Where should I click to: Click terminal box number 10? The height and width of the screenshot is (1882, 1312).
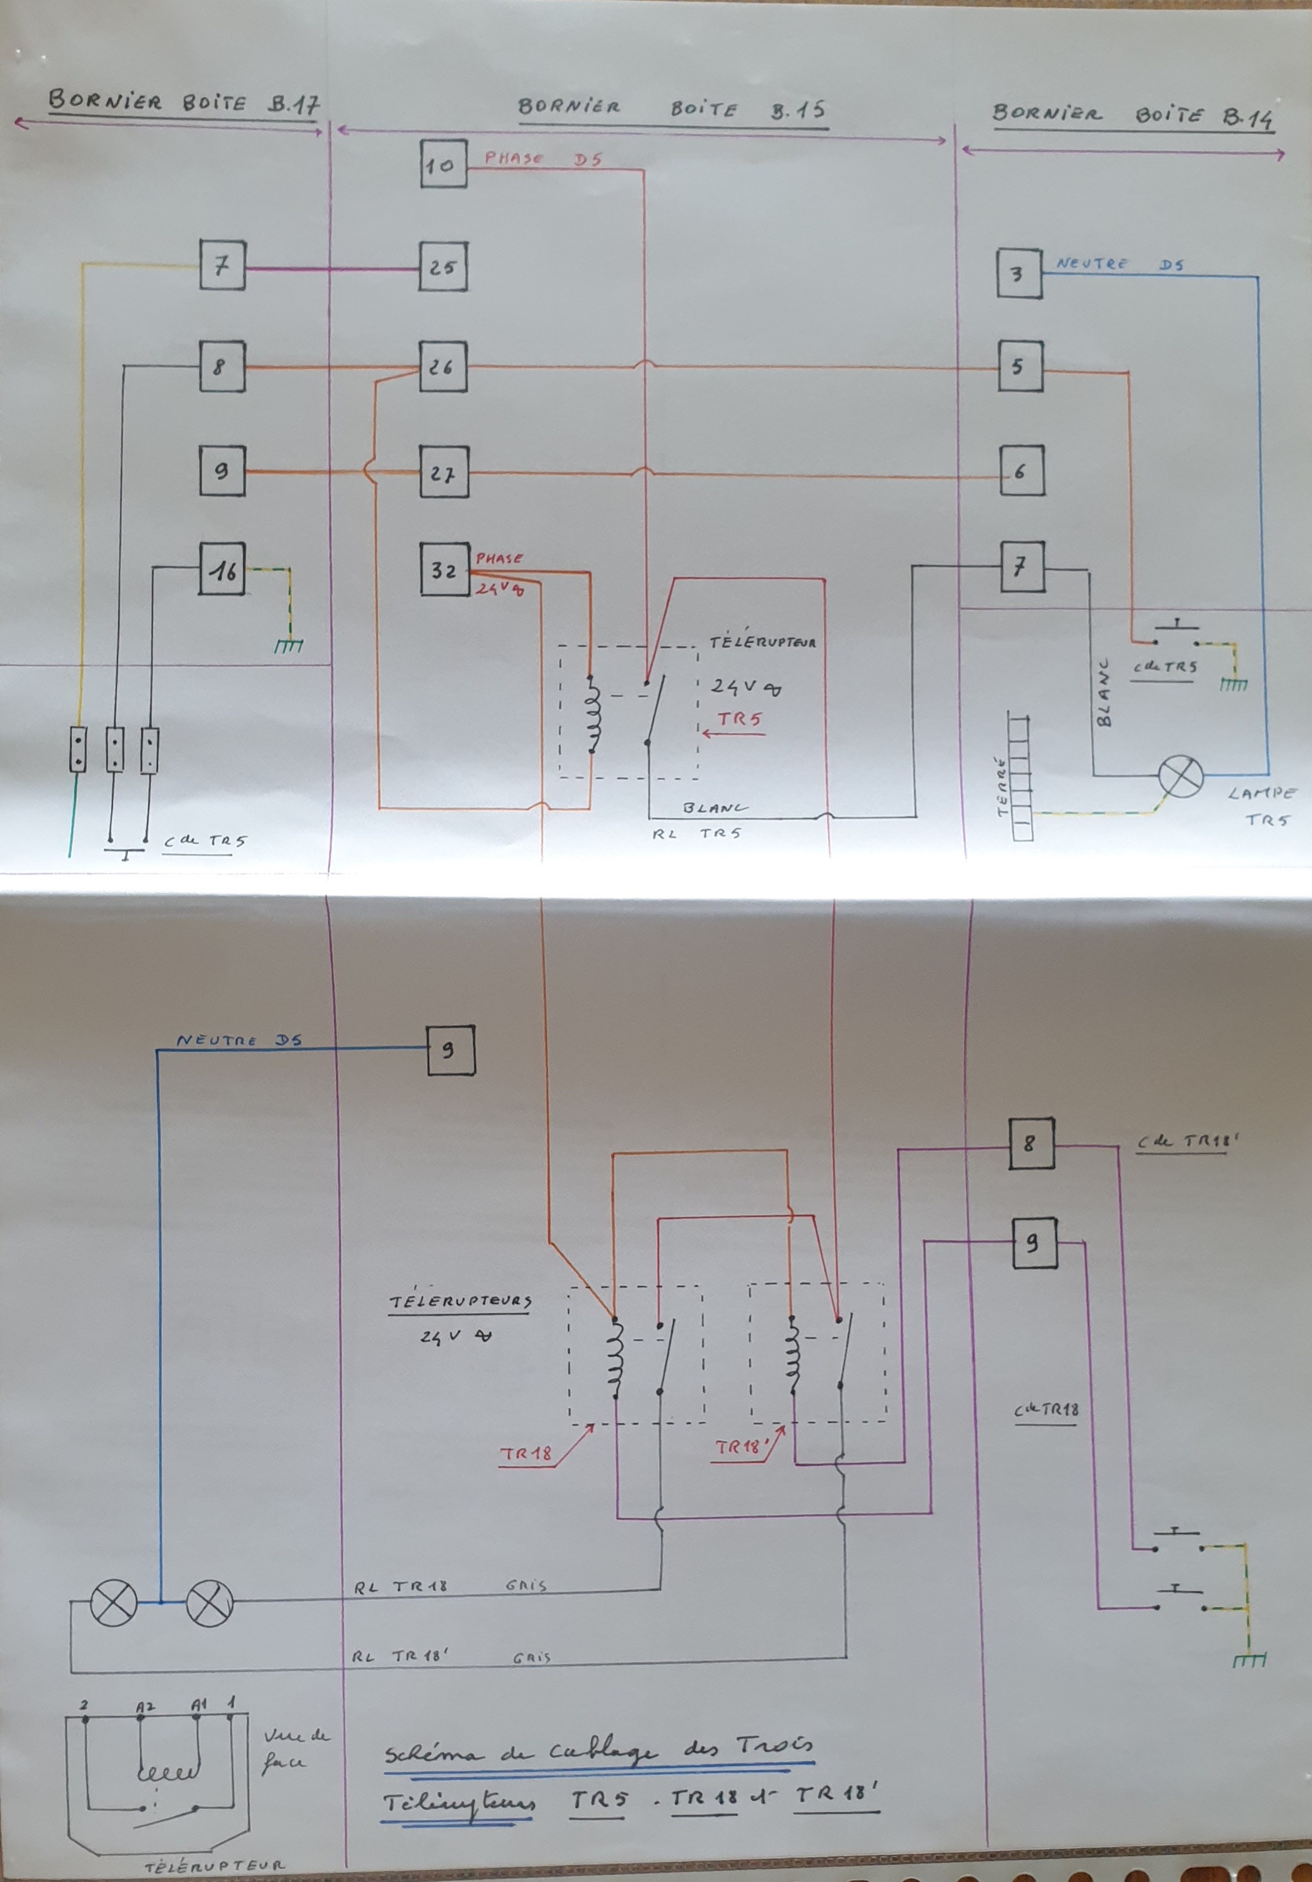(443, 165)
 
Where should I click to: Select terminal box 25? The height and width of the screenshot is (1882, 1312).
(443, 267)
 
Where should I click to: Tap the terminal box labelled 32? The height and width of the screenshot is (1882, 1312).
(444, 569)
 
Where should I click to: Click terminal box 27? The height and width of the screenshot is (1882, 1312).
(444, 472)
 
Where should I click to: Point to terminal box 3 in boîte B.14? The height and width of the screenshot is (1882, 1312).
(1019, 273)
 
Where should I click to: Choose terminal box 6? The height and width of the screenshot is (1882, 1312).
(1021, 471)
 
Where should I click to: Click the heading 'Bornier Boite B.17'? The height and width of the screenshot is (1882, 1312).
(183, 102)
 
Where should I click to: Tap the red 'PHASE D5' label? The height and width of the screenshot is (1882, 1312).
(542, 158)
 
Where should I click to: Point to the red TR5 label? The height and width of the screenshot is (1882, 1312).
(740, 719)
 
